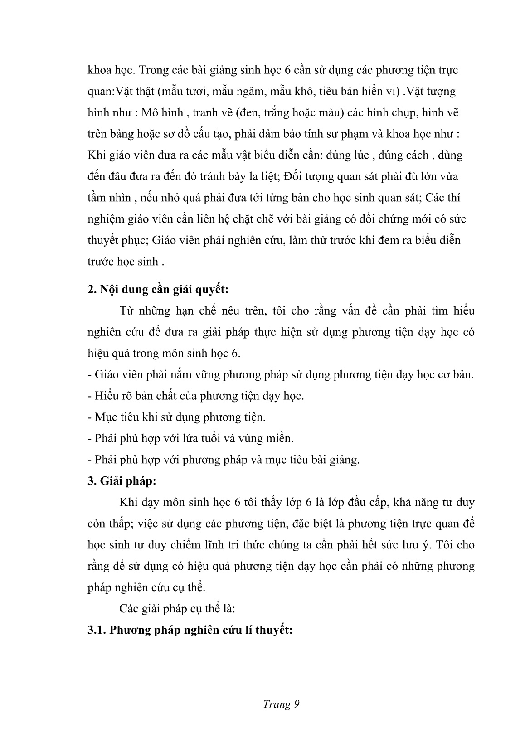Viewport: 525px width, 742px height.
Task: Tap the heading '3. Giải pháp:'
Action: tap(122, 481)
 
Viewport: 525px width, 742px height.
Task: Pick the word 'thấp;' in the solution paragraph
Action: tap(118, 524)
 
